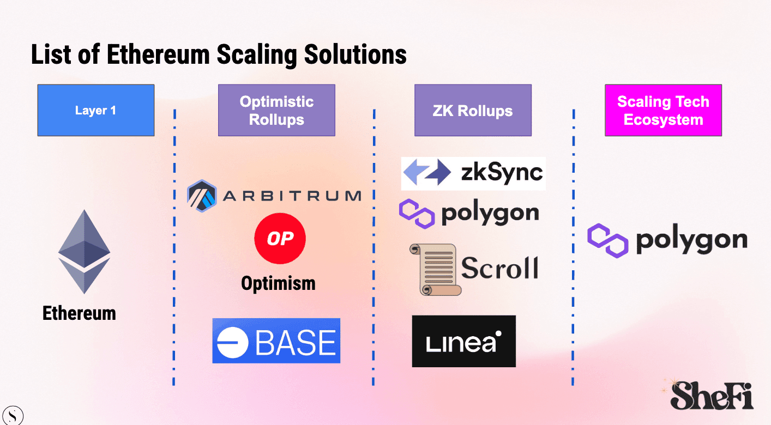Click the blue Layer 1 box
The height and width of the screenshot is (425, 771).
click(95, 110)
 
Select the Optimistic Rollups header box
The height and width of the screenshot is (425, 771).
click(276, 110)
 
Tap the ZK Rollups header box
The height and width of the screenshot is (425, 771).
click(473, 110)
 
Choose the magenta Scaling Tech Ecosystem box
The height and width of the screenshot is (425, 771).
click(663, 110)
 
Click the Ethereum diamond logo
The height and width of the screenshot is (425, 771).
click(84, 251)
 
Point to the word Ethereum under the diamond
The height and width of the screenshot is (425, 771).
click(79, 313)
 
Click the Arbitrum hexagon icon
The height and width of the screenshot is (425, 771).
click(202, 196)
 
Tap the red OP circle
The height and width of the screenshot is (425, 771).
click(280, 239)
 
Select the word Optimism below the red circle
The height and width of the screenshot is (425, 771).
click(278, 283)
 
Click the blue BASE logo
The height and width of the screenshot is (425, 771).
click(276, 341)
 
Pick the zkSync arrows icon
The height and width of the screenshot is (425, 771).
click(427, 173)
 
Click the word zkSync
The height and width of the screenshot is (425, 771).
click(502, 173)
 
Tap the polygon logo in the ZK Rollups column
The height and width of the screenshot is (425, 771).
click(469, 213)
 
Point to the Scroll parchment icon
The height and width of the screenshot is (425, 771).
click(434, 269)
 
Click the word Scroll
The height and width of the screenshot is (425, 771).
click(499, 268)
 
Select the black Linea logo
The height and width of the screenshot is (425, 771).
click(463, 341)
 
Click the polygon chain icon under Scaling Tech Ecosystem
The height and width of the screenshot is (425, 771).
click(607, 240)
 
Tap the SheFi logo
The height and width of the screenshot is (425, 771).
click(712, 394)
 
